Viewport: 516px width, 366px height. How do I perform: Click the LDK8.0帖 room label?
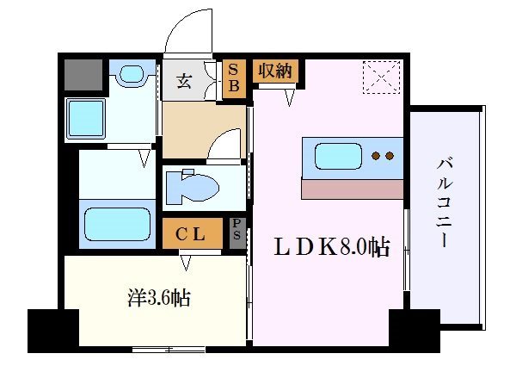coord(330,248)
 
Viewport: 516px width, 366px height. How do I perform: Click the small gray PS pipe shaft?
coord(236,232)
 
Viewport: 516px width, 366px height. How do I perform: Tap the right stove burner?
coord(390,157)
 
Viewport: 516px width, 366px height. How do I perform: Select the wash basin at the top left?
coord(132,76)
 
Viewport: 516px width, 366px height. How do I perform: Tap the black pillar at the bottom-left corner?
coord(52,331)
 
